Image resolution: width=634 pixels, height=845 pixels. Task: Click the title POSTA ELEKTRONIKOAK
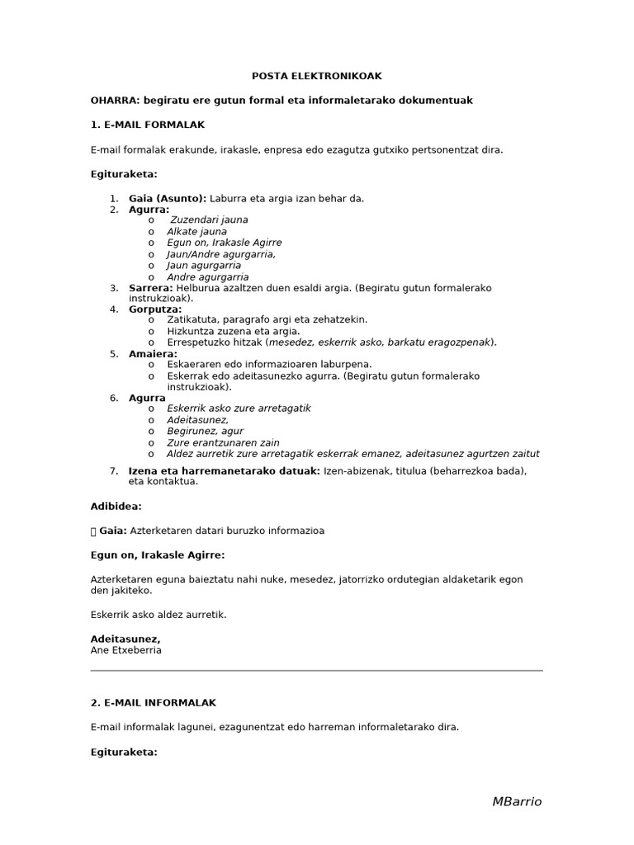pos(316,76)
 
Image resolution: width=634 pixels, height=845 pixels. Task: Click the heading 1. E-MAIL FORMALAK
pos(147,125)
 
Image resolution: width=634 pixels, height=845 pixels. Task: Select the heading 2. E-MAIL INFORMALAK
pos(153,702)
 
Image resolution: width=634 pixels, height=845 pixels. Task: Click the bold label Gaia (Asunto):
pos(168,198)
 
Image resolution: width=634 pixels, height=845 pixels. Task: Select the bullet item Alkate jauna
pos(196,232)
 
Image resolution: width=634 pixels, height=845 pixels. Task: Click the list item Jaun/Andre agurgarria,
pos(221,254)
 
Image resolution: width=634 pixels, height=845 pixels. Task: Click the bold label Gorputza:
pos(155,309)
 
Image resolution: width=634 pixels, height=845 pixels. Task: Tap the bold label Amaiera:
pos(154,354)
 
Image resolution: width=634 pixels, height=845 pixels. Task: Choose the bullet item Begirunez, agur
pos(205,431)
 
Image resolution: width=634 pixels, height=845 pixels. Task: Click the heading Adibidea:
pos(116,506)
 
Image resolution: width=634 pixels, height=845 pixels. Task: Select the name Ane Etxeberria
pos(125,649)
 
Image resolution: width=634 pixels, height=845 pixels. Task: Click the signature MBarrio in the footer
pos(517,801)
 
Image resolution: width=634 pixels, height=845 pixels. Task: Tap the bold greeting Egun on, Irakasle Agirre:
pos(157,555)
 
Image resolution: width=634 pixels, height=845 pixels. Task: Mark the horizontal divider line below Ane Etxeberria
pos(316,671)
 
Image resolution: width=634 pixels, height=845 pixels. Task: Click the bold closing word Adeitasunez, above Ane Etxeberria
pos(125,639)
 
